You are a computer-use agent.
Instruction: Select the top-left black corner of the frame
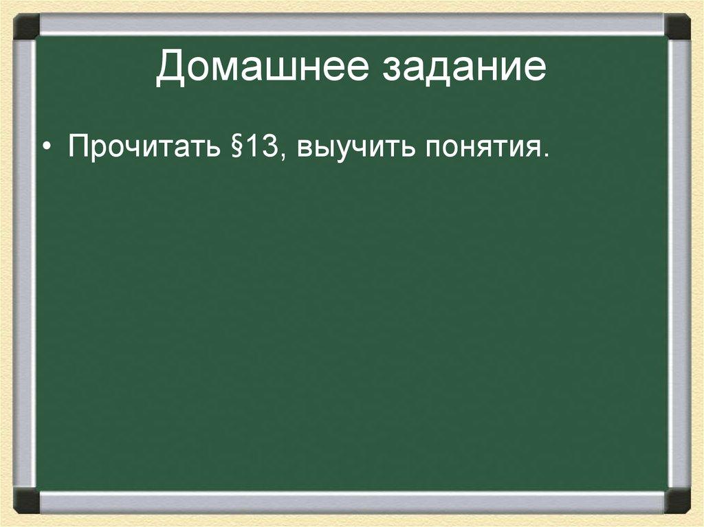[x=27, y=27]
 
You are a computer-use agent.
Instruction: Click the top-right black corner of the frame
[x=677, y=27]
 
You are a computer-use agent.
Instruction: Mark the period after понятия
[x=547, y=157]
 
